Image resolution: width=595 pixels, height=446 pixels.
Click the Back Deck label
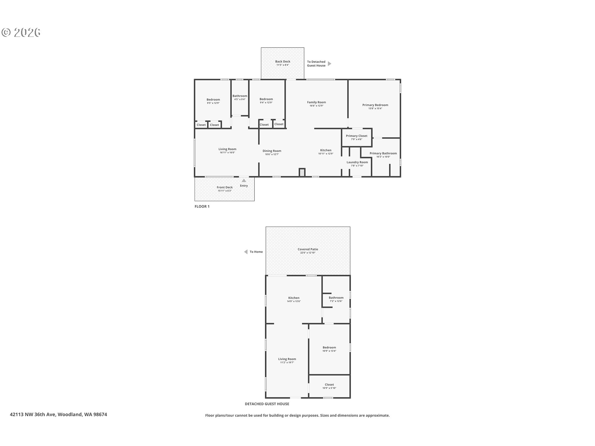283,61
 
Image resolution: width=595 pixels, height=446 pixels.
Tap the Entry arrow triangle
244,181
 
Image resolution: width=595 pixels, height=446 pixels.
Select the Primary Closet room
357,137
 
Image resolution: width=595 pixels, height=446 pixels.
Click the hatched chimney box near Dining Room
302,173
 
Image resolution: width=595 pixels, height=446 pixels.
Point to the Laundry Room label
357,162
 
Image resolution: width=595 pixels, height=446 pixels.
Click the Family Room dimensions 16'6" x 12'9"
316,106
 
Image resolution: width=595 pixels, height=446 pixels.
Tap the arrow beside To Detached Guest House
330,63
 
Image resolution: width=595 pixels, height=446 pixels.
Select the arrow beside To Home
246,252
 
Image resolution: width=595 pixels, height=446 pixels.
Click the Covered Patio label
308,249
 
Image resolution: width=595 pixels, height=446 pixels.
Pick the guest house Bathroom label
336,298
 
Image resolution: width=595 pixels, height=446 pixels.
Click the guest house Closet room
329,386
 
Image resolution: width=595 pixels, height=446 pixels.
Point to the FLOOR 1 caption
202,206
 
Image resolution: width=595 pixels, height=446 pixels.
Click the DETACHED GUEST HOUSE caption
267,404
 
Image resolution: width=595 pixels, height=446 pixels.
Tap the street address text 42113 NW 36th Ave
33,414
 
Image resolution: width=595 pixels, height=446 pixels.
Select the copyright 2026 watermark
21,33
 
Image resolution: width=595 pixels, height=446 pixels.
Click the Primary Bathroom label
383,153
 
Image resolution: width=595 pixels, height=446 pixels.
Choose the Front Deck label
225,187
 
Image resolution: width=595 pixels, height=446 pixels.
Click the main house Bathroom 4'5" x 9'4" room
240,98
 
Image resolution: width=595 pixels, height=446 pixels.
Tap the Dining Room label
272,151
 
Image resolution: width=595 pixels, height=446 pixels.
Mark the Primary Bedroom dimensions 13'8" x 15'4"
375,108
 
